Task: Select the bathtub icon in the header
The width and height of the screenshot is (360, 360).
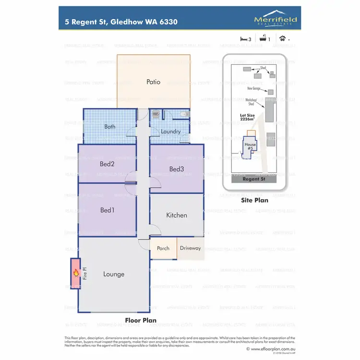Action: click(264, 39)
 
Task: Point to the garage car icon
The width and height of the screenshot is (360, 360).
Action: click(283, 39)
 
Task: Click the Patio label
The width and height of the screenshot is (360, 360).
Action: click(153, 82)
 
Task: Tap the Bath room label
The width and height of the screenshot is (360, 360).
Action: click(110, 127)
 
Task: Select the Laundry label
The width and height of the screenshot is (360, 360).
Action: click(170, 132)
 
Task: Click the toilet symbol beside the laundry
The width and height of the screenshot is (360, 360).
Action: click(183, 115)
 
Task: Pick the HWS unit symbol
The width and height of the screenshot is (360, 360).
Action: click(156, 114)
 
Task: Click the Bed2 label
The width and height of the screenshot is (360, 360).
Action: click(107, 164)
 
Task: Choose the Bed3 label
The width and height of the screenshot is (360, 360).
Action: click(176, 169)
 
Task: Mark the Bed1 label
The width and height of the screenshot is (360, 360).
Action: click(107, 210)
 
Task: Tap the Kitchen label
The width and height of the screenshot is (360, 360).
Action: click(176, 216)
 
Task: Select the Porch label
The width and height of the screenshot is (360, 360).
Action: click(163, 249)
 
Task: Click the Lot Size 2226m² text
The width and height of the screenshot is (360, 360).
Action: click(250, 118)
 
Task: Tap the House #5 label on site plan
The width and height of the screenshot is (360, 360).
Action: click(250, 147)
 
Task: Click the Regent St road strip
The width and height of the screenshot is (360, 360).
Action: click(253, 179)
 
